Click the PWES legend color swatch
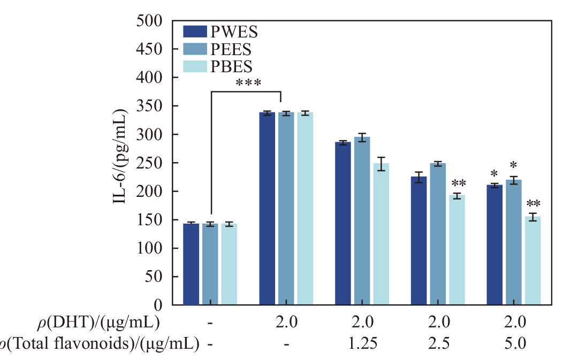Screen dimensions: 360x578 [195, 32]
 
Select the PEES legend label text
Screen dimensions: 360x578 [231, 49]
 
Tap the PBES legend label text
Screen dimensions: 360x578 [231, 66]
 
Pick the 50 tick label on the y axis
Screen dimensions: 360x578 [155, 277]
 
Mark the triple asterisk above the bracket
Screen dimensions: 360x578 [248, 83]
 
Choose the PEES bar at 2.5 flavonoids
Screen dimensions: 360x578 [438, 234]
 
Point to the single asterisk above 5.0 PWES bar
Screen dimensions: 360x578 [495, 173]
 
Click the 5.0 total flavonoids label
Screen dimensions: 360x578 [515, 343]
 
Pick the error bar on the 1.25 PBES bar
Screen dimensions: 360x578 [381, 164]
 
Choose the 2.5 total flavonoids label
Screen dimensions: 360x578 [439, 343]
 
